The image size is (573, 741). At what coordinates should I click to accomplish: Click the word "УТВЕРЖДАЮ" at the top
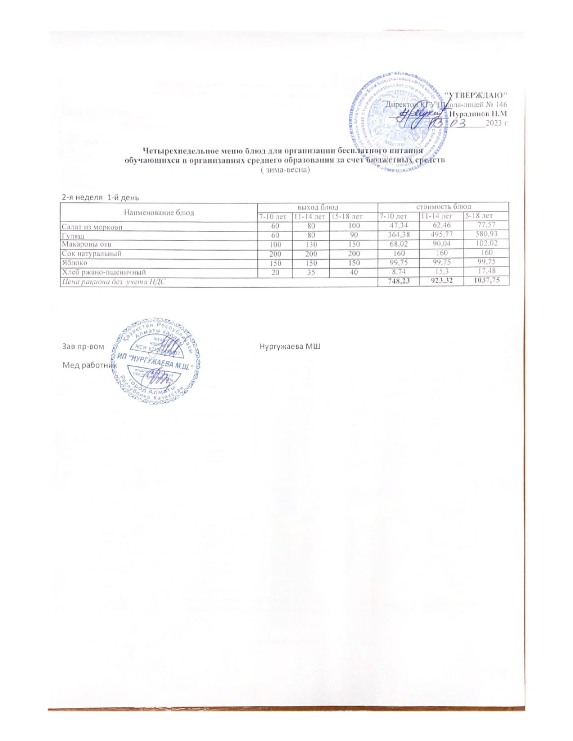pos(475,95)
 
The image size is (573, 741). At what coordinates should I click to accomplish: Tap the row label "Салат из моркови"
pos(92,227)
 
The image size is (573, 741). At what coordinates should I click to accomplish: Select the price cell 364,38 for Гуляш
pos(398,234)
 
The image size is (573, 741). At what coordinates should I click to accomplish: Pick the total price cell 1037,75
pos(487,280)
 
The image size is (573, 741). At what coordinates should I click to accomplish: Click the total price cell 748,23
pos(398,280)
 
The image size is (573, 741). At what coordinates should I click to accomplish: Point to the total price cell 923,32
pos(442,280)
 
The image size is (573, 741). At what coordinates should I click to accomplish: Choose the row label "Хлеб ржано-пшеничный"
pos(103,272)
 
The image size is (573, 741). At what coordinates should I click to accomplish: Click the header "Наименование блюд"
pos(159,212)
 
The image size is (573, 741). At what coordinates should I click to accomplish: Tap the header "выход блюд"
pos(317,207)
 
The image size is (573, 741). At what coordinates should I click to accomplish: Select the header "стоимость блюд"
pos(443,207)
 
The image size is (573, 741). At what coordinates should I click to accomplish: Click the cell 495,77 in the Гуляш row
pos(442,234)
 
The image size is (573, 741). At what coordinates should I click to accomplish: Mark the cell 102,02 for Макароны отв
pos(487,243)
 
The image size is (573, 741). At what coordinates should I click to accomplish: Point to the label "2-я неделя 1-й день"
pos(100,197)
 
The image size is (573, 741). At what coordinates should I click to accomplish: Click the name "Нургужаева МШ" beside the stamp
pos(290,346)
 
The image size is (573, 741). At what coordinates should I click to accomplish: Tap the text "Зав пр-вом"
pos(83,346)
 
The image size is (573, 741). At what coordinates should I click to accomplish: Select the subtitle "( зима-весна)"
pos(285,170)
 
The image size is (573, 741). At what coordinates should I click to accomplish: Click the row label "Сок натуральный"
pos(91,254)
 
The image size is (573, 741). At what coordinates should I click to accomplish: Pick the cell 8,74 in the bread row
pos(398,271)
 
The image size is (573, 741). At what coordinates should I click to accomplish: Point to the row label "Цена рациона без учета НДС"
pos(113,281)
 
